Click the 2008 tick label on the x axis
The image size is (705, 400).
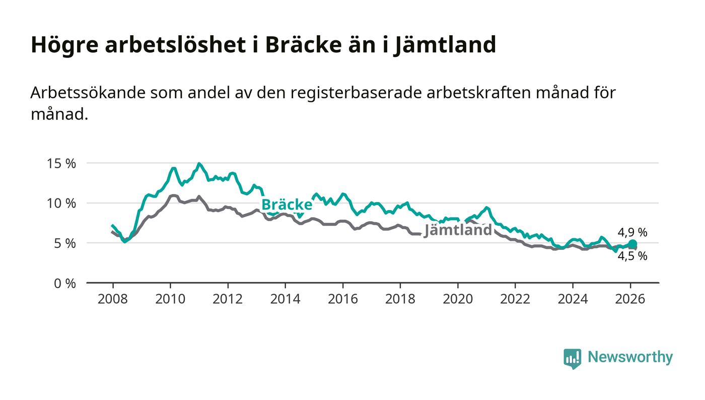tap(112, 299)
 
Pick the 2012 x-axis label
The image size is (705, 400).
tap(228, 299)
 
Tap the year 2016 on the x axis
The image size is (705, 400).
tap(342, 299)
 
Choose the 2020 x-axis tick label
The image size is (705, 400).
tap(458, 299)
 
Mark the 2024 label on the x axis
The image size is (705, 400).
tap(573, 299)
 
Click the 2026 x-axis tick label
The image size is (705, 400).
tap(630, 299)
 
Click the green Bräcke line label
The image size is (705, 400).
tap(287, 205)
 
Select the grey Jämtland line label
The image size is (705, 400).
tap(458, 230)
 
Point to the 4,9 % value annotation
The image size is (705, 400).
tap(632, 232)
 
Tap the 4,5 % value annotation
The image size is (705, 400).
tap(632, 256)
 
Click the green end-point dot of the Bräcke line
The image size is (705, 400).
tap(632, 244)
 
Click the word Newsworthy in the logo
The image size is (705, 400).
tap(630, 357)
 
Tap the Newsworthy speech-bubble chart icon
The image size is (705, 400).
tap(572, 358)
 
